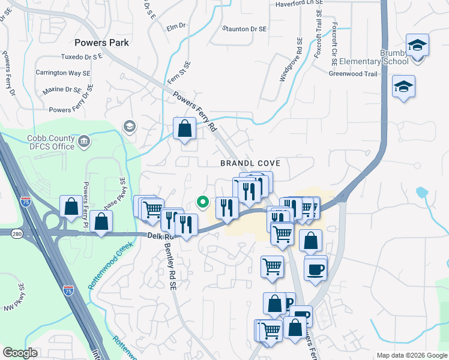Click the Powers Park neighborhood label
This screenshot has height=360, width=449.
point(101,43)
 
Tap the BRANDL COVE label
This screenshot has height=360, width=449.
point(250,163)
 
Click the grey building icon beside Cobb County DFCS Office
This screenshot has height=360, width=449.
point(85,142)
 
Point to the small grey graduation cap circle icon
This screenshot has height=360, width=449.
point(128,126)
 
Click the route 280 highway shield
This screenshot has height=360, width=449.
point(16,233)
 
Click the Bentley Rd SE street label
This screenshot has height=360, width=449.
point(170,264)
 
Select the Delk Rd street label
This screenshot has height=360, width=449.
point(157,237)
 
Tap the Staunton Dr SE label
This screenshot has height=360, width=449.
point(244,28)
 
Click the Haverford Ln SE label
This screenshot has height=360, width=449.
point(299,3)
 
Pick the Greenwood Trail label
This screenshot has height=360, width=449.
point(352,74)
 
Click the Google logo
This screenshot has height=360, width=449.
point(20,352)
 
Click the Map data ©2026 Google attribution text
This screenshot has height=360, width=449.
point(411,355)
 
